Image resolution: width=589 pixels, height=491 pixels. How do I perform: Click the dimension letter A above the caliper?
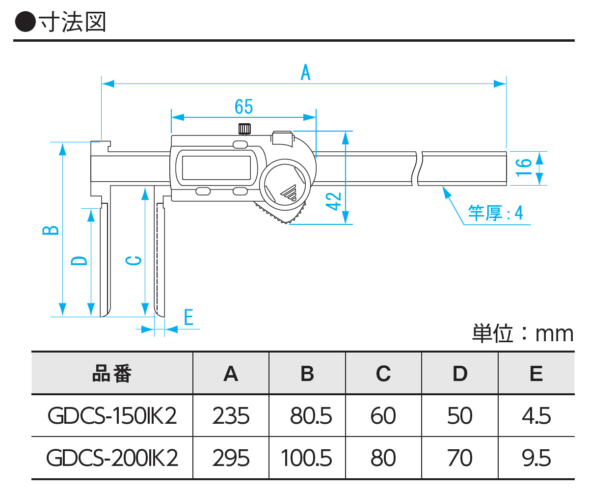click(305, 74)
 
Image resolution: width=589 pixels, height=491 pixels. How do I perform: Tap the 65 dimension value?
click(243, 107)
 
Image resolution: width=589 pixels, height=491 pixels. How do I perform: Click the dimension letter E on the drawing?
click(188, 318)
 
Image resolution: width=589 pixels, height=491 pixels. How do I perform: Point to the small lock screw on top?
click(244, 129)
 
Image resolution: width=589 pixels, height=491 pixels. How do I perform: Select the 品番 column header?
click(112, 374)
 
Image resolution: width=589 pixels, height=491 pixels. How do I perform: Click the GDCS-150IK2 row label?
click(112, 416)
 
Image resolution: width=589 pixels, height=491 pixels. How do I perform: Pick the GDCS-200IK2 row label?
click(112, 458)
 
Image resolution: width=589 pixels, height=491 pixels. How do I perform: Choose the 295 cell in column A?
click(231, 458)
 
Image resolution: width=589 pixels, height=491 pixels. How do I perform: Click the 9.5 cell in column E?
click(536, 458)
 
